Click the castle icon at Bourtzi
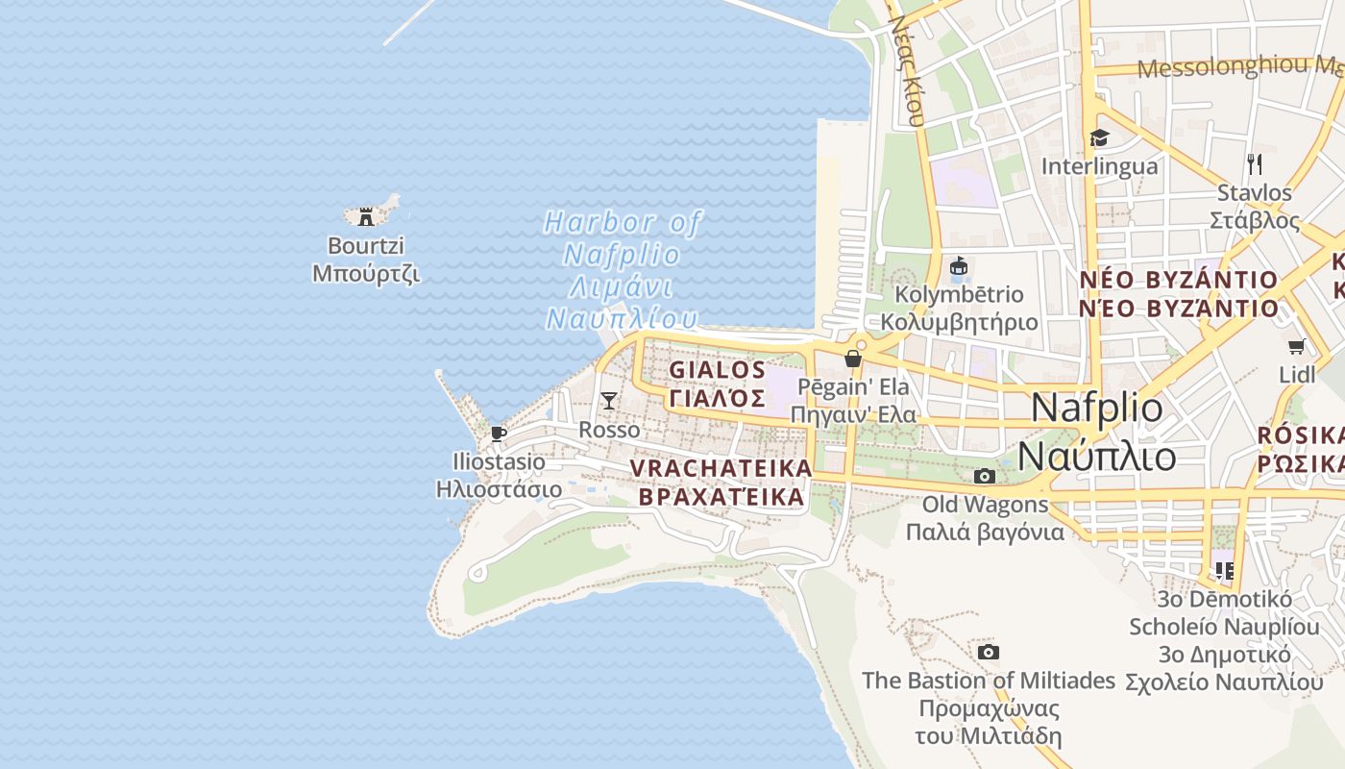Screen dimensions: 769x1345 [366, 216]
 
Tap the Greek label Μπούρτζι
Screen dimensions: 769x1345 [366, 273]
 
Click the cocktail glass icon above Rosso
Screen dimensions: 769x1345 [608, 400]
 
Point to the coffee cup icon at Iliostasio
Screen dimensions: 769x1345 [498, 434]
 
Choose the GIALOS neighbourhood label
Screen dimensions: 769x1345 [718, 370]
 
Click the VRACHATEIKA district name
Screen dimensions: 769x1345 [721, 468]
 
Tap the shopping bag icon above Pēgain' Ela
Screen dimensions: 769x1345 [852, 359]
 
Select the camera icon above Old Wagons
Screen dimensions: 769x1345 [984, 476]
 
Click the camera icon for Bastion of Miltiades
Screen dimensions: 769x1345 [988, 653]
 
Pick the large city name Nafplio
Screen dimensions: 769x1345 [1096, 408]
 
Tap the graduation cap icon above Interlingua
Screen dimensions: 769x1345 [1099, 138]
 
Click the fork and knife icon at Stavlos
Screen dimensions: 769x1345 [1254, 163]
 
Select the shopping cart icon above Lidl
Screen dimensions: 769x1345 [1296, 346]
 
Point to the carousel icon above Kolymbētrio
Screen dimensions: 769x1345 [958, 266]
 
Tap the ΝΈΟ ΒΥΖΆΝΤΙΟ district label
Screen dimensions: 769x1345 [1179, 309]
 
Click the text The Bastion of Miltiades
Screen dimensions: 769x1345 [988, 681]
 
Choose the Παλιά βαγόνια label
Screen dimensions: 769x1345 [985, 532]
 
